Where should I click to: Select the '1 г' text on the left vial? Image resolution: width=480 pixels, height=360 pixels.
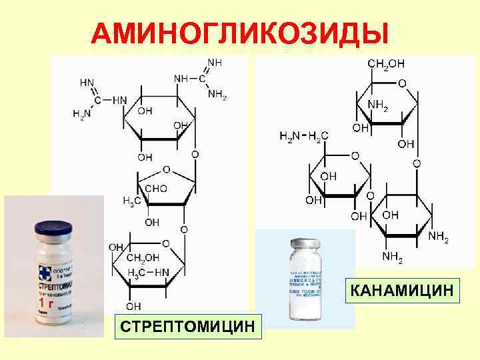pyautogui.click(x=45, y=301)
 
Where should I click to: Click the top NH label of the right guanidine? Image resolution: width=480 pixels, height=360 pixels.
pyautogui.click(x=215, y=62)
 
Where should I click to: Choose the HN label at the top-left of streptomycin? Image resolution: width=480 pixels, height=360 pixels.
pyautogui.click(x=87, y=83)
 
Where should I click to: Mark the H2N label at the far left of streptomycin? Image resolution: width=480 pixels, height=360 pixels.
pyautogui.click(x=82, y=115)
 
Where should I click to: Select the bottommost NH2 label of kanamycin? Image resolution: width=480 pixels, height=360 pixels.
pyautogui.click(x=392, y=255)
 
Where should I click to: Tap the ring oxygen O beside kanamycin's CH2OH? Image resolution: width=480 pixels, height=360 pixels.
pyautogui.click(x=401, y=83)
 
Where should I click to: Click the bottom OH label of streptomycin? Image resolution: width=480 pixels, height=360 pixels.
pyautogui.click(x=133, y=306)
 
